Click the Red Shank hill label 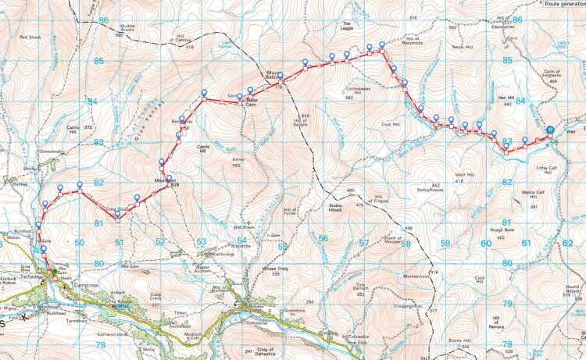pyautogui.click(x=28, y=37)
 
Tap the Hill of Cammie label pyautogui.click(x=183, y=41)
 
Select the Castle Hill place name pyautogui.click(x=205, y=148)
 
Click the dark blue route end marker pyautogui.click(x=550, y=130)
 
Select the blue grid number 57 pyautogui.click(x=363, y=243)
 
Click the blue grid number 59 pyautogui.click(x=445, y=243)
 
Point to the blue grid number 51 pyautogui.click(x=120, y=243)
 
